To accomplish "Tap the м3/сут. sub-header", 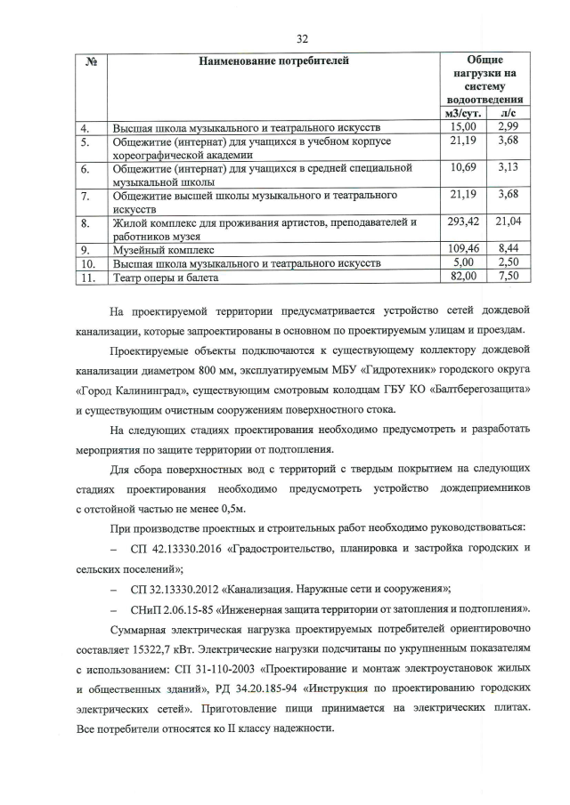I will pos(463,115).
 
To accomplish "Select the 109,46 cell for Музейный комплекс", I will pos(463,250).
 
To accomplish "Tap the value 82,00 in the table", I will pos(464,277).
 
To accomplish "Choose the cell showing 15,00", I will pos(464,128).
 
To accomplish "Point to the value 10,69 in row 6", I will pos(464,167).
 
